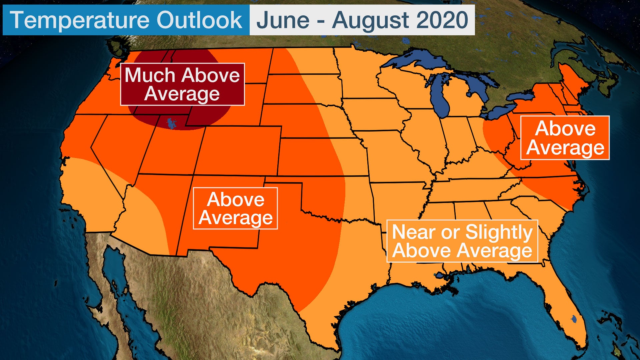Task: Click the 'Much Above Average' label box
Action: (182, 84)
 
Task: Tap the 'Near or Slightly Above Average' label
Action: (462, 241)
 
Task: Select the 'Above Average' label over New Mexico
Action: (235, 208)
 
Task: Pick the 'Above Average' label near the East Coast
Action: (565, 138)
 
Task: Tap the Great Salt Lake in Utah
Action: (172, 123)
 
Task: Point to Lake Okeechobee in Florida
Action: (574, 319)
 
